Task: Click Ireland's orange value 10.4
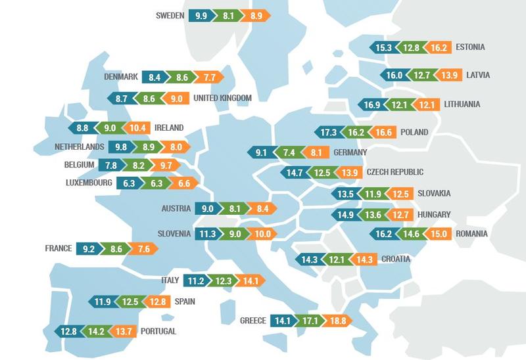[x=139, y=127]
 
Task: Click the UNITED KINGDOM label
[x=223, y=99]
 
